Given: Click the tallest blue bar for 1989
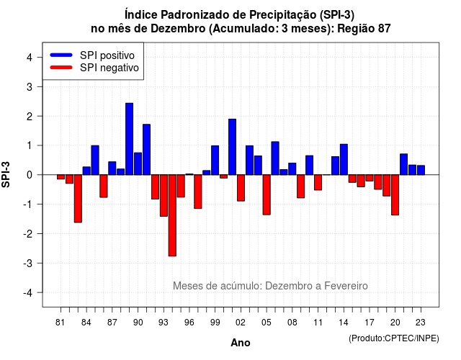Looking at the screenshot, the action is pos(130,139).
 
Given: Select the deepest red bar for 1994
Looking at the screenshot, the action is pos(172,215).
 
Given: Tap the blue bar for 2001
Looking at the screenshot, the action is pos(232,147).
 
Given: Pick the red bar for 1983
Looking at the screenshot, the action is pos(78,199).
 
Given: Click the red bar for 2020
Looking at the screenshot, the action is pos(395,195).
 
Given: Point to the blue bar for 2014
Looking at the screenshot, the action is pos(344,160).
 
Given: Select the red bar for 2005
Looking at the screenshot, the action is pos(267,194).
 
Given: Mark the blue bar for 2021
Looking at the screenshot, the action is pos(403,164).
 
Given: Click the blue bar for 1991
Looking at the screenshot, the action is pos(146,150).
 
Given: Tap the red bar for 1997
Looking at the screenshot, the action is pos(198,192).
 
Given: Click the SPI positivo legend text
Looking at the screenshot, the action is pos(107,55).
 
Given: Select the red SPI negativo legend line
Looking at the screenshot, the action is pos(61,68).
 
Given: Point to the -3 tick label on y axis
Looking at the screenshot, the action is pos(28,264).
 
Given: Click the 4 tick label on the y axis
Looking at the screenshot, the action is pos(30,58).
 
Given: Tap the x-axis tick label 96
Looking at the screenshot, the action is pos(189,323).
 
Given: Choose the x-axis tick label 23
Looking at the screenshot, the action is pos(421,323).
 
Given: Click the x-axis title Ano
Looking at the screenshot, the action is pos(241,343).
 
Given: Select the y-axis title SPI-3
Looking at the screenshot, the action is pos(6,174).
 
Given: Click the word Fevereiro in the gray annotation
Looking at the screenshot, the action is pos(346,286).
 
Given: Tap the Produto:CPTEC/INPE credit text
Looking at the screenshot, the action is pos(394,338).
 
